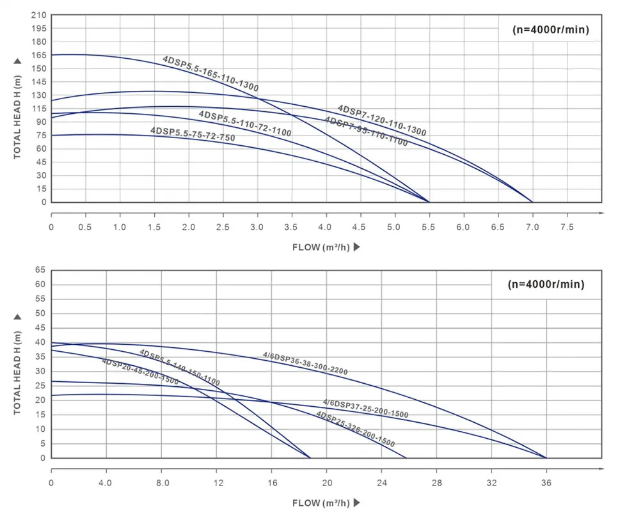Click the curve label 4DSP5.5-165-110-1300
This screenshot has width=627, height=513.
click(210, 74)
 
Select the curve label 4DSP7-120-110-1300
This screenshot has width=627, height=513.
click(381, 120)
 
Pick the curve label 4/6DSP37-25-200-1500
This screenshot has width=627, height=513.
click(365, 409)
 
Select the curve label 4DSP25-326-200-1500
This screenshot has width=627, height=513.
click(355, 429)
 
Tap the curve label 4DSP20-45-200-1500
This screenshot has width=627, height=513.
click(139, 372)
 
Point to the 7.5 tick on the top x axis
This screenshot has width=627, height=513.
click(567, 227)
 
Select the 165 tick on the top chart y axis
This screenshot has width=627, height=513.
click(39, 56)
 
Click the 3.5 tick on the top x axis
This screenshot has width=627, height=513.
click(292, 227)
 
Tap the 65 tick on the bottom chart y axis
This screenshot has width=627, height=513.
click(39, 271)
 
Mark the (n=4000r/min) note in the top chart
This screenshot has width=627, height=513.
click(550, 29)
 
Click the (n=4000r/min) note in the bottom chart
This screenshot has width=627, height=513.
click(546, 285)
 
